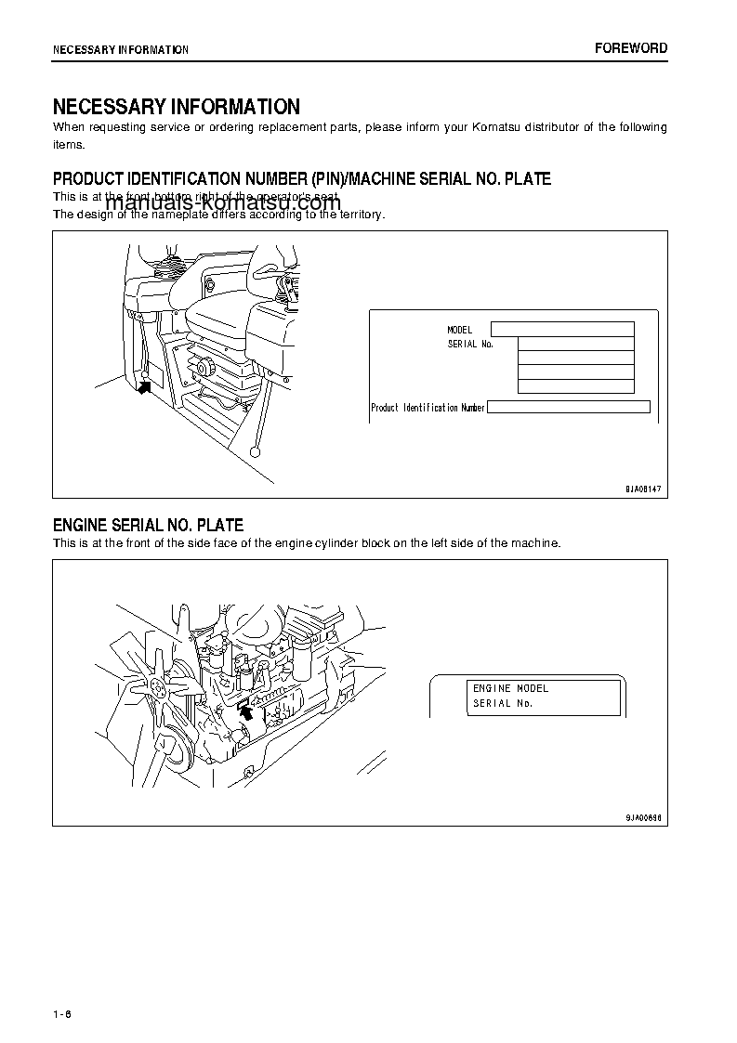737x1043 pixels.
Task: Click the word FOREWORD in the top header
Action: tap(631, 48)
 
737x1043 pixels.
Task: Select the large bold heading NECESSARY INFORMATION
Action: tap(176, 107)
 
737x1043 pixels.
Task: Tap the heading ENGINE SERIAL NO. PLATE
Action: tap(148, 526)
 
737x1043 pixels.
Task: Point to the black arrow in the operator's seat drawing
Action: tap(143, 387)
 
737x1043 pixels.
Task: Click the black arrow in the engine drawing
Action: tap(245, 711)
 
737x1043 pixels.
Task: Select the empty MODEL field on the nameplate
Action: tap(561, 329)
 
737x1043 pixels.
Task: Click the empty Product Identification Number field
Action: tap(568, 407)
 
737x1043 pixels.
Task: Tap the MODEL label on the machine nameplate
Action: tap(460, 330)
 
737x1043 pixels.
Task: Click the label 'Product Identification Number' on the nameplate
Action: tap(428, 408)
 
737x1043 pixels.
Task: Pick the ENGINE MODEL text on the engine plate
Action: tap(510, 688)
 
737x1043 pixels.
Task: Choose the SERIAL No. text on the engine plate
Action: tap(502, 703)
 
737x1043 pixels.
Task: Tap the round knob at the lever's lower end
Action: tap(255, 452)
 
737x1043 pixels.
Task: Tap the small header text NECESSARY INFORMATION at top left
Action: tap(121, 49)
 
